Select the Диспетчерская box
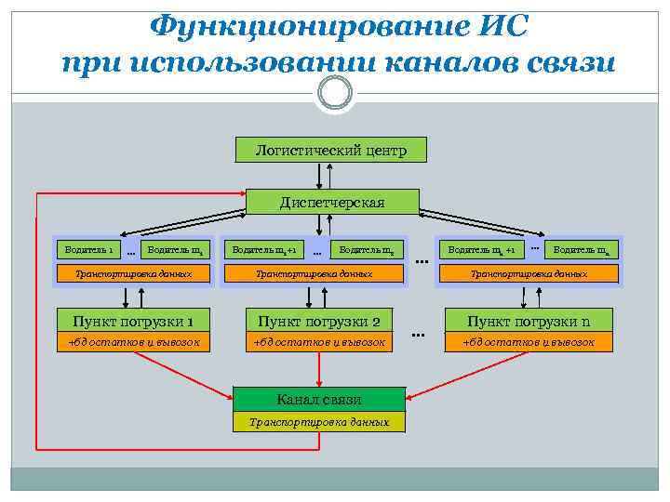[x=332, y=202]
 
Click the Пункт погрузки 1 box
[x=133, y=322]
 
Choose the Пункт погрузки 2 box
[x=319, y=322]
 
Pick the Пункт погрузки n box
[x=529, y=322]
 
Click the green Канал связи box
[x=319, y=400]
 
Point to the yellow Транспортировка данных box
[x=319, y=422]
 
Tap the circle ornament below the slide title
[x=334, y=93]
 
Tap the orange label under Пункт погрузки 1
[x=133, y=342]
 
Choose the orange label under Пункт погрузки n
[x=529, y=342]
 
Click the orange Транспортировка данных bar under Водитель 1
[x=133, y=274]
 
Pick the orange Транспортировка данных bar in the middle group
[x=314, y=274]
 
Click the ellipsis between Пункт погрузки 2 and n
[x=418, y=333]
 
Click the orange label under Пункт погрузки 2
[x=319, y=342]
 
